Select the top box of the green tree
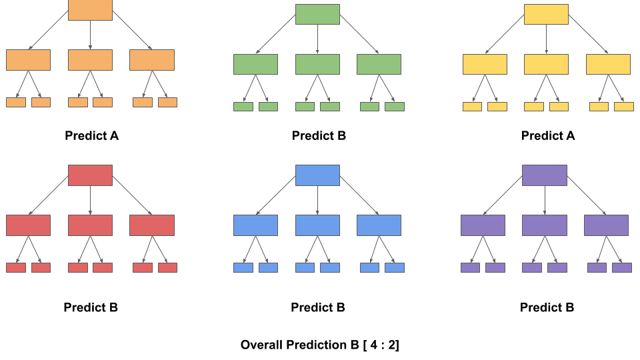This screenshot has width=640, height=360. [317, 14]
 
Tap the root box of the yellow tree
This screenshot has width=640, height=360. [546, 14]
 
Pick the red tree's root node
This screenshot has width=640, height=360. [90, 175]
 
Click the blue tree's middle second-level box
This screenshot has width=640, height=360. [317, 225]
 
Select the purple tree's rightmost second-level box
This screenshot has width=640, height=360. [606, 225]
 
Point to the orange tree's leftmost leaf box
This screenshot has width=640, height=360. [16, 102]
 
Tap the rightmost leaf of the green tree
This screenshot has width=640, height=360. [395, 107]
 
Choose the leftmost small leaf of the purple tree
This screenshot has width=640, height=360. [470, 267]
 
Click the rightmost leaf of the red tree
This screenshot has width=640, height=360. [167, 267]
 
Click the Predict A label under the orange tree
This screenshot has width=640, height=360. [91, 136]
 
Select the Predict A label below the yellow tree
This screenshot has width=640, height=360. [547, 136]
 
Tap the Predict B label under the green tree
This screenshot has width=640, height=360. [319, 136]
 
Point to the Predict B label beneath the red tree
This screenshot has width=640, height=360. [91, 307]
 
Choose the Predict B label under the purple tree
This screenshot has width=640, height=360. [547, 307]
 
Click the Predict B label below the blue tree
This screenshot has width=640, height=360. [318, 307]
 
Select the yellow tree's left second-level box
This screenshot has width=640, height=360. [485, 64]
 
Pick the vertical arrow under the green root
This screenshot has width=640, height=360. [317, 39]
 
